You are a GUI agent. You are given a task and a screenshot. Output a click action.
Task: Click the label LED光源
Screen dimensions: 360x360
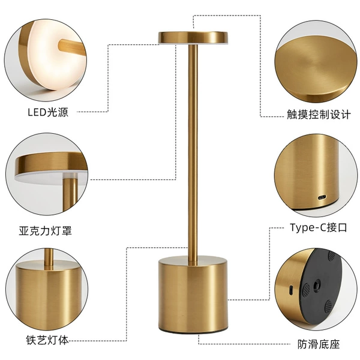48,112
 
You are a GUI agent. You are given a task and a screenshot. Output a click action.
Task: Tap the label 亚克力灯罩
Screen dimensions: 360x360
46,230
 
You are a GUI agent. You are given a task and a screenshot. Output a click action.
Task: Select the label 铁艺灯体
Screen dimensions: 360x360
47,340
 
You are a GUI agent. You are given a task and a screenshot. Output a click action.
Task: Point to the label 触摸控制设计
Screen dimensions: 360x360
319,114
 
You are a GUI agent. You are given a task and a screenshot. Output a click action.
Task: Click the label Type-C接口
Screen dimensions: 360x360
319,227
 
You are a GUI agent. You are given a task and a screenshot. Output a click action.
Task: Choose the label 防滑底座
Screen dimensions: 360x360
319,344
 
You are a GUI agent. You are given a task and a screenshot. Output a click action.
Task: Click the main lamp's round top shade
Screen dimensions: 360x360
193,38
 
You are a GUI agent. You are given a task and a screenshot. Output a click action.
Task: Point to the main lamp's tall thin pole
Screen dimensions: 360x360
193,152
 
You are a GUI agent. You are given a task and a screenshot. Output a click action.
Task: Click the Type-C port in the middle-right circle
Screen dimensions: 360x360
322,197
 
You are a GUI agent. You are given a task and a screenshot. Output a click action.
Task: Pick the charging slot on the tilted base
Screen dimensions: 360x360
291,290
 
